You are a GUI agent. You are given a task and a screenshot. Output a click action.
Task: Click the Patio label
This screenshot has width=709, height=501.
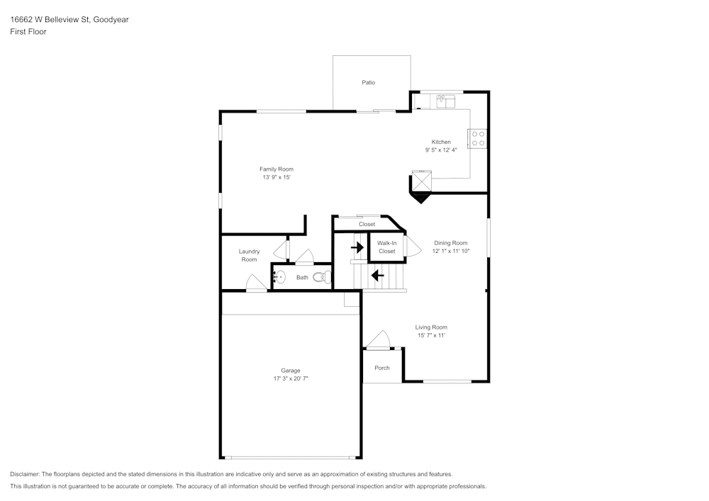coord(368,83)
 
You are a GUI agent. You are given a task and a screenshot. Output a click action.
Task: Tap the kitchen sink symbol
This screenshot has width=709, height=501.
coord(445,101)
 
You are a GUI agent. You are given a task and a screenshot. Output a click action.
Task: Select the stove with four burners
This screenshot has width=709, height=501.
coord(478,137)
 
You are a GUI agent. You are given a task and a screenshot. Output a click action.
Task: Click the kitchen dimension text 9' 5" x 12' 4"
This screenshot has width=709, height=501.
coord(441,150)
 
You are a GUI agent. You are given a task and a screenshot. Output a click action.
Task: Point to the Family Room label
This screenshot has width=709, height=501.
coord(276,169)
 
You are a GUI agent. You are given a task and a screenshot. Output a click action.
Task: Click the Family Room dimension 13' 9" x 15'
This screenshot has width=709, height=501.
coord(276,178)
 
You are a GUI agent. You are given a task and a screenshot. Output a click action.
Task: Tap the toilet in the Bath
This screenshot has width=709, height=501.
coord(323,278)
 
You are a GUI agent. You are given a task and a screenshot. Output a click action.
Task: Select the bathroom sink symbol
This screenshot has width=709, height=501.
coord(279,277)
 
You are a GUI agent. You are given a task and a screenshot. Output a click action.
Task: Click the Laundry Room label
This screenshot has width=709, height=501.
coord(249,256)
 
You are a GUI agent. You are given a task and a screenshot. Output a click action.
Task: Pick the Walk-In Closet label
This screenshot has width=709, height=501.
coord(386,247)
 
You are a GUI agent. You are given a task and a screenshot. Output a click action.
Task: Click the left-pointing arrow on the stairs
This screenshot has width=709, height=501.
coord(377,274)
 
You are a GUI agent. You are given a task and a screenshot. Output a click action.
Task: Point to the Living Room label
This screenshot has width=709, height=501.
coord(431,327)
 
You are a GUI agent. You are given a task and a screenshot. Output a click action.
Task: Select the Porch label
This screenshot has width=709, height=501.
coord(382,368)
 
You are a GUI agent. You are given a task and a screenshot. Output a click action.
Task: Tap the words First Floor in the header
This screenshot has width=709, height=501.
coord(28,32)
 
